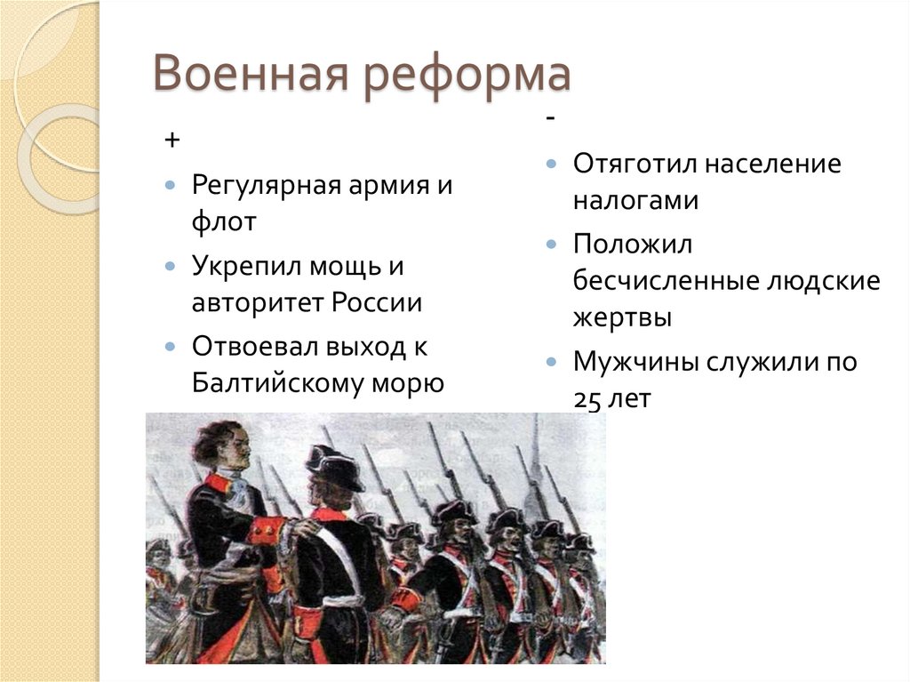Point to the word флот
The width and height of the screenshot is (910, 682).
click(x=223, y=222)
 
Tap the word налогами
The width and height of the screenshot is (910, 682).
click(x=635, y=200)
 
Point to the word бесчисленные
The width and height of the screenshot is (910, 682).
click(x=662, y=280)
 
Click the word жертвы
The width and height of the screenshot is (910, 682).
click(x=622, y=317)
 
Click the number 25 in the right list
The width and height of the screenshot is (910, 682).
click(x=587, y=400)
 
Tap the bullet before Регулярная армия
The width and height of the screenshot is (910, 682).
click(x=171, y=187)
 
